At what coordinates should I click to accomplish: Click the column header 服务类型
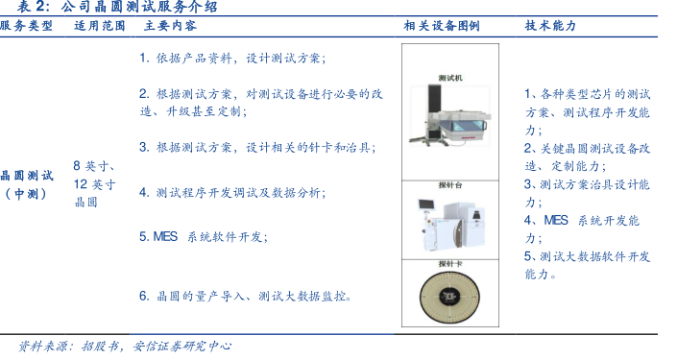26,26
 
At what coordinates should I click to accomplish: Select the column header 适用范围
100,26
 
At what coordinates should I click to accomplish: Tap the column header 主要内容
170,26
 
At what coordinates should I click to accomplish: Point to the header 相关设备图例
442,26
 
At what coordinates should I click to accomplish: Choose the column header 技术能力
550,26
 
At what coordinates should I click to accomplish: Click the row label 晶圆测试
27,176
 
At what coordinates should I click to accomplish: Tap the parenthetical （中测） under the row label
26,194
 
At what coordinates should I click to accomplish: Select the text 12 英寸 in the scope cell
94,184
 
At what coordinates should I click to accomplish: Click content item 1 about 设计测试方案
232,58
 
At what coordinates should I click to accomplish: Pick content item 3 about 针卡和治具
257,148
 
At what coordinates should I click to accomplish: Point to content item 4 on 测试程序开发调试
232,193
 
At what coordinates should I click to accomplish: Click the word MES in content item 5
165,236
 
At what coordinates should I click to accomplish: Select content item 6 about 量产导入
245,296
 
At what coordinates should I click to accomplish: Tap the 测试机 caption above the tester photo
450,78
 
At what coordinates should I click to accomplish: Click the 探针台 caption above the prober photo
450,185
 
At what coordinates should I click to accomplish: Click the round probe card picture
450,297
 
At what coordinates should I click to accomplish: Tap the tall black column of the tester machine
434,110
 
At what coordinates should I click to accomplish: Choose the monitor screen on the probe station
426,204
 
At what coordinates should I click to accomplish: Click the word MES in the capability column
556,220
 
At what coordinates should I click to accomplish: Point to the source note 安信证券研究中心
182,347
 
